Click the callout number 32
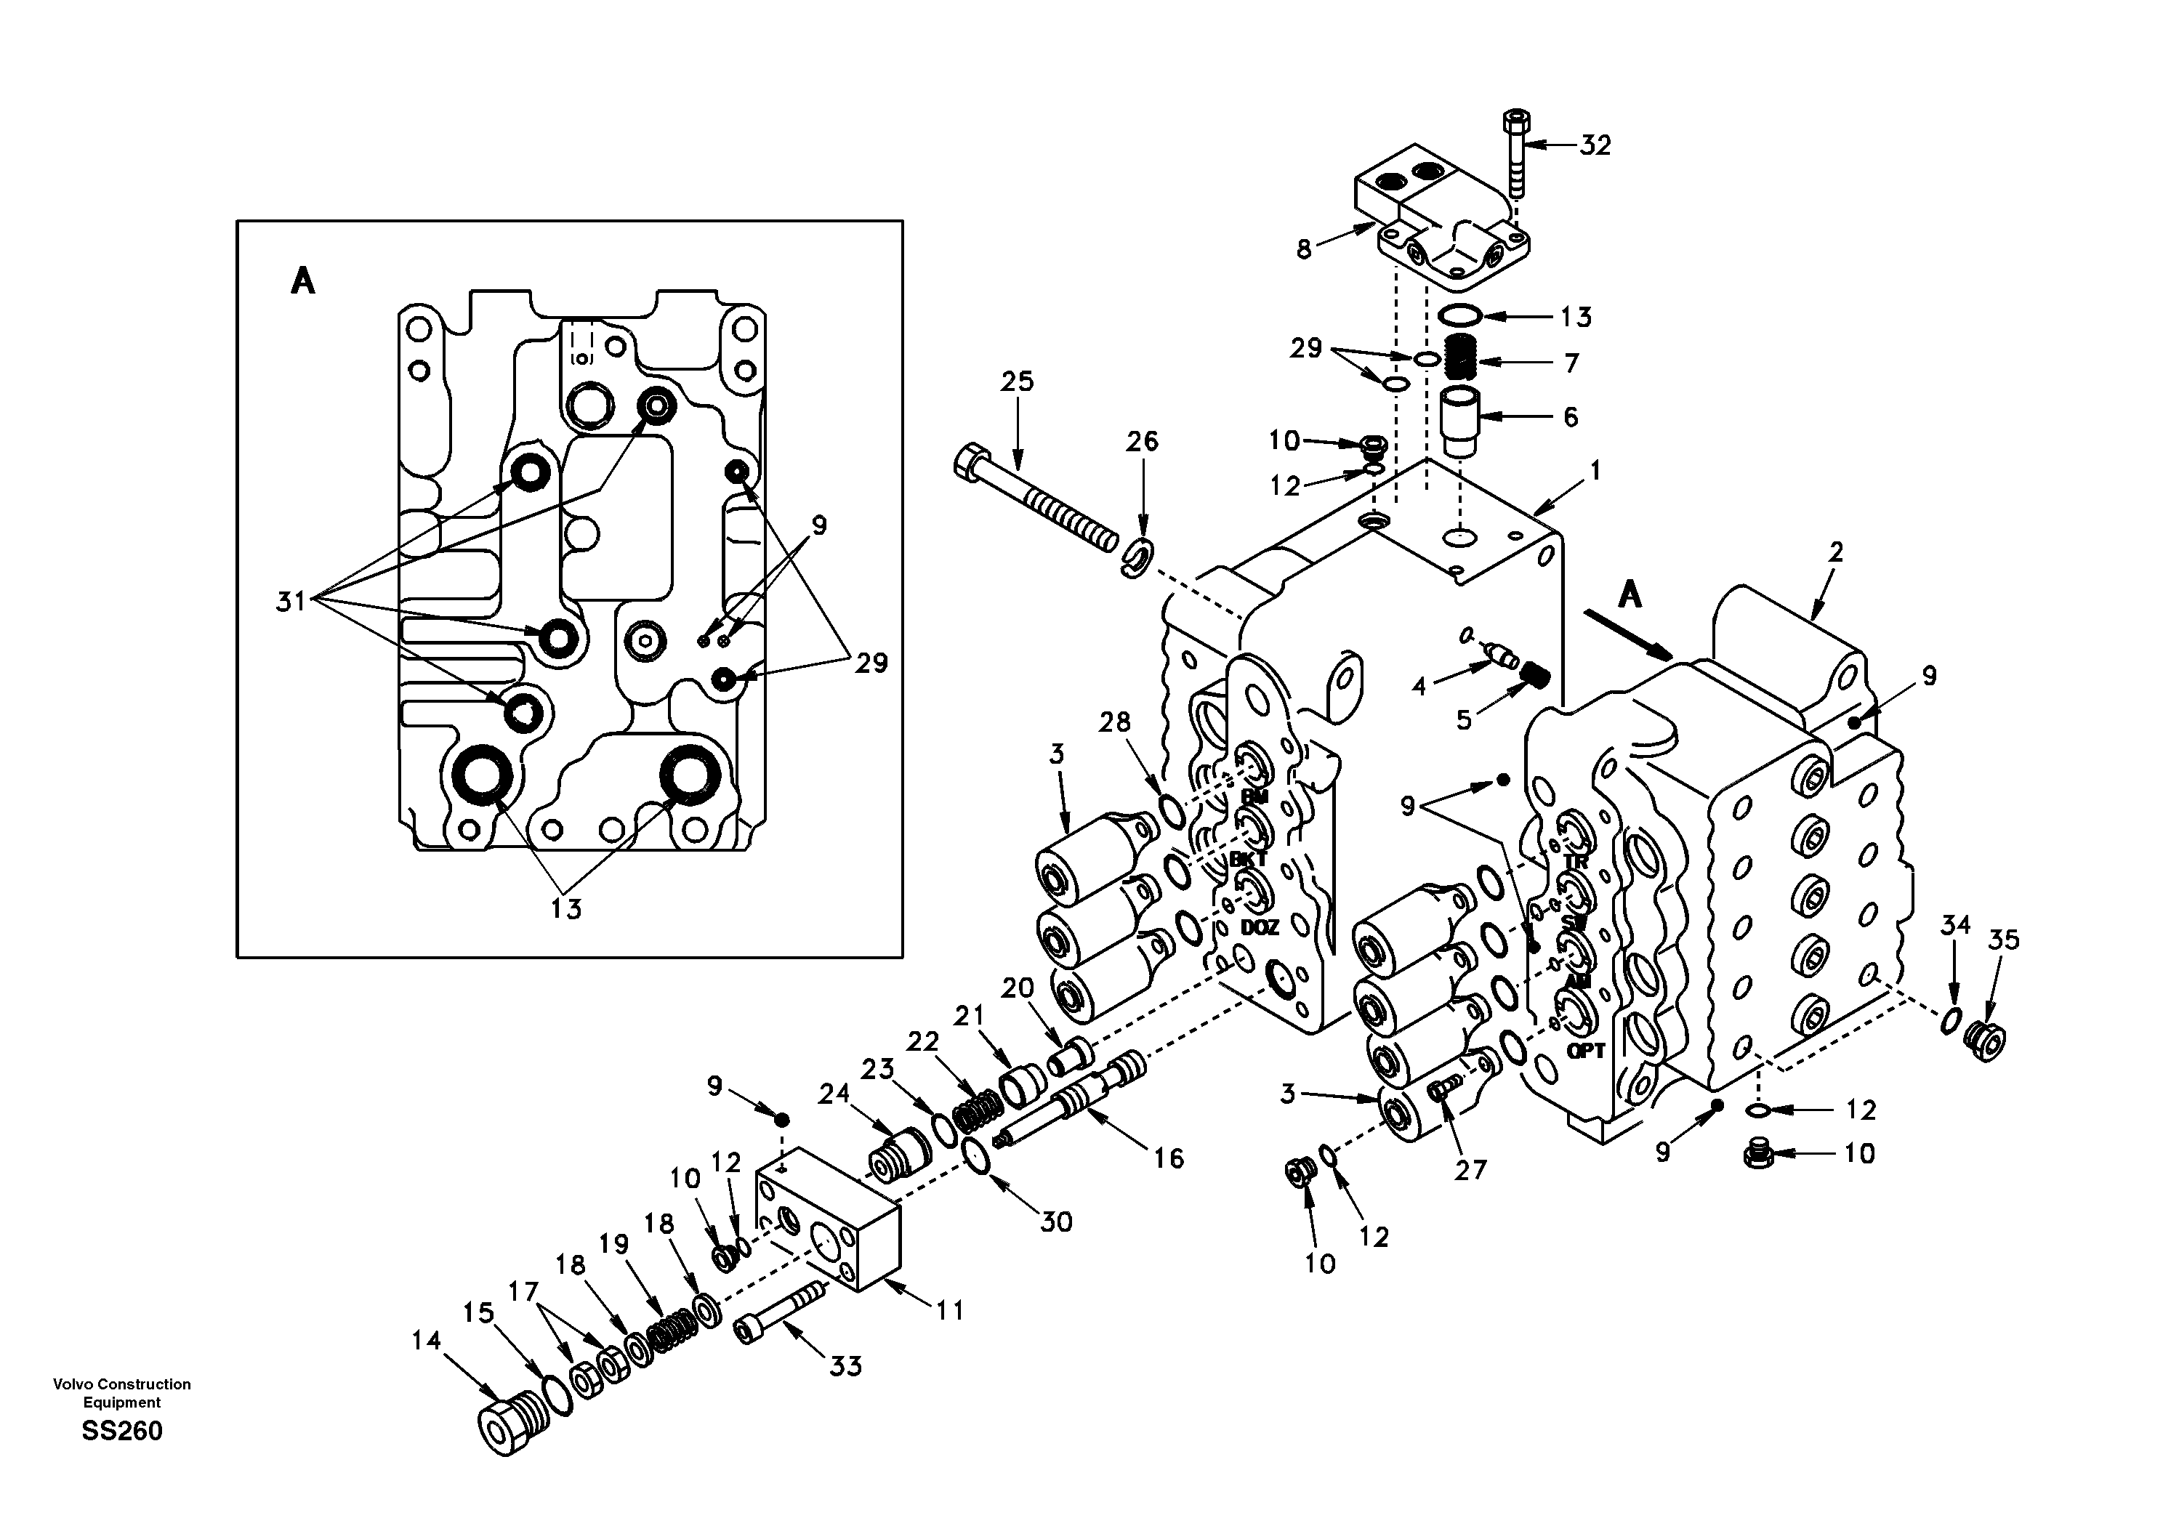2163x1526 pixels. click(1595, 146)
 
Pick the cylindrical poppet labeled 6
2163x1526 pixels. click(1460, 420)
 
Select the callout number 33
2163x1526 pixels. click(845, 1366)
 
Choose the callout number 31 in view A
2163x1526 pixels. click(291, 600)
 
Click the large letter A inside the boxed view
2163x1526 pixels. click(302, 280)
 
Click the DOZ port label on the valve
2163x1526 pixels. click(1259, 928)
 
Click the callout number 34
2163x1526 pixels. click(1955, 925)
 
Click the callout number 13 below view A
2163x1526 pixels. click(566, 909)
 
